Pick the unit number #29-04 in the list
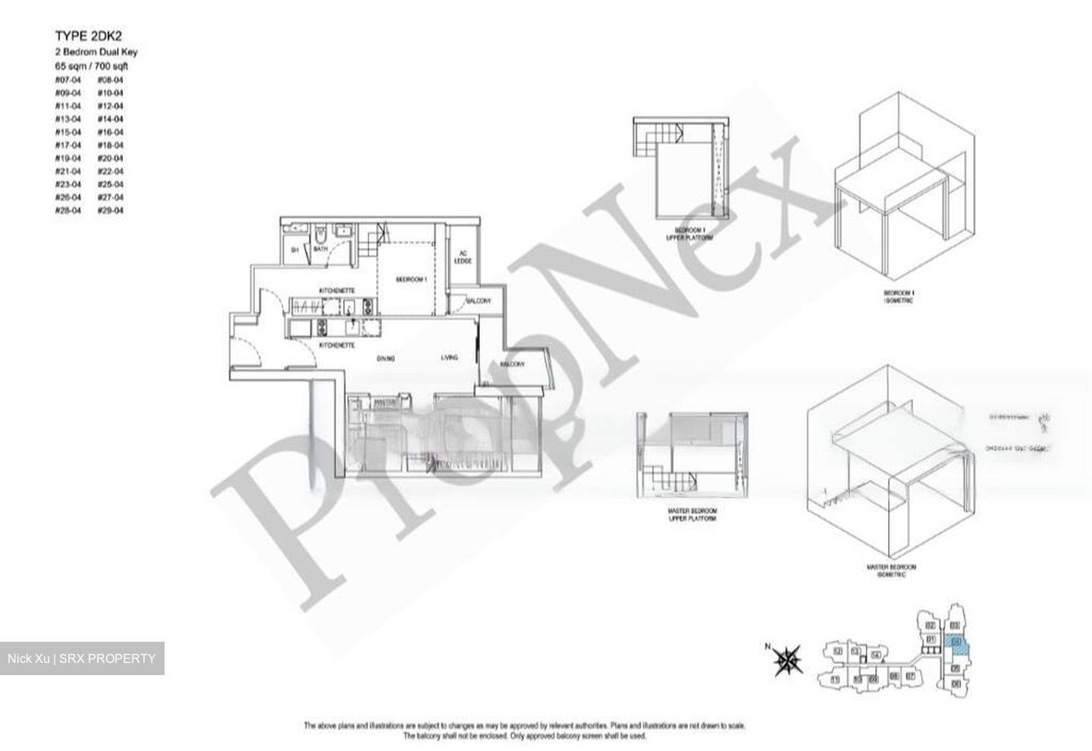110,210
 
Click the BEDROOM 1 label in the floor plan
412,280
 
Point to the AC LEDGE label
463,258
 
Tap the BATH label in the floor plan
320,249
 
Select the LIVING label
450,357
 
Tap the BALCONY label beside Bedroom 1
478,301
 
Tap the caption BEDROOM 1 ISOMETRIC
899,297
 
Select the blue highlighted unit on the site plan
959,646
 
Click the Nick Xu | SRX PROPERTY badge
82,658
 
